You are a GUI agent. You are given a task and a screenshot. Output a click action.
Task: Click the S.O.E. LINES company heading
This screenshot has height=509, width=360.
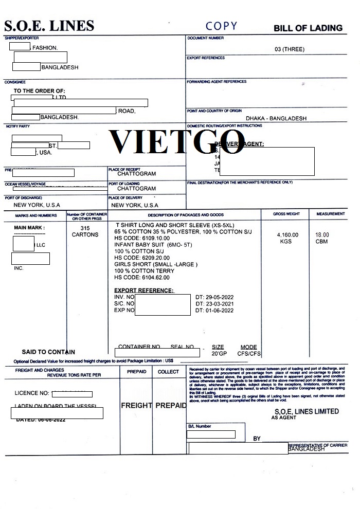(49, 26)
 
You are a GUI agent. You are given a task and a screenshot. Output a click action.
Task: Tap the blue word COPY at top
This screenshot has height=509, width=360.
(221, 26)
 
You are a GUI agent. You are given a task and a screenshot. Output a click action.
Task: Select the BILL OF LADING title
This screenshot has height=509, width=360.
(308, 28)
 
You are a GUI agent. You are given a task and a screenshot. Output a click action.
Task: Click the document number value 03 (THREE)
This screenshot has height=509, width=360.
(290, 49)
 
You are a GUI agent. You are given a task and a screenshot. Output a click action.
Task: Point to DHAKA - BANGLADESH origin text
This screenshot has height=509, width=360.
(276, 118)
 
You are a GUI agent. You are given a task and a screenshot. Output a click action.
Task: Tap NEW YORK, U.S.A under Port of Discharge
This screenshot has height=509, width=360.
(37, 205)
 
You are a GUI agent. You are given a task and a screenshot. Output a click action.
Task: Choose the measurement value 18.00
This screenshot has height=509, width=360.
(322, 235)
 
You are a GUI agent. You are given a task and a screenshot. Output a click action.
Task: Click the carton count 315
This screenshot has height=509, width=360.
(85, 228)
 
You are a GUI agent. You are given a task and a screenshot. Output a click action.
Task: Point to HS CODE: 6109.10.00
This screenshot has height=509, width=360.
(141, 238)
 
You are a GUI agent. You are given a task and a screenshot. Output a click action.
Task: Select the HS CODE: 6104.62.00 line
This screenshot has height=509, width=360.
(141, 277)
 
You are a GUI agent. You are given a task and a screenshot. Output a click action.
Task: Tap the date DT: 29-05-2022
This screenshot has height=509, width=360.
(214, 297)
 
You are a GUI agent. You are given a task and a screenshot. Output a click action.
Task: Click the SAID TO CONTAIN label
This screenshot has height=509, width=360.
(48, 352)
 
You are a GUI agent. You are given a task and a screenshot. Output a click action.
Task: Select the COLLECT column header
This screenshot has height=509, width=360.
(168, 372)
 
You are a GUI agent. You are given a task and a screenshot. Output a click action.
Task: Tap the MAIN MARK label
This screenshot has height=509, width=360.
(29, 228)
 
